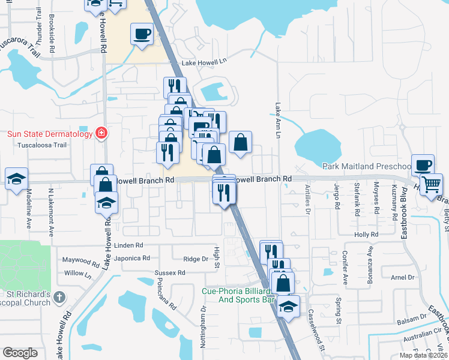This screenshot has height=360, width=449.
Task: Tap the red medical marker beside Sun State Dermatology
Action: [x=101, y=132]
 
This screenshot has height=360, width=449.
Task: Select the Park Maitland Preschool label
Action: [x=366, y=166]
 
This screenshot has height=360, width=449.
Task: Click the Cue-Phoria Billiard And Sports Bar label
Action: [x=234, y=295]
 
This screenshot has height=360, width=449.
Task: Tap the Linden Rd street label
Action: [x=128, y=245]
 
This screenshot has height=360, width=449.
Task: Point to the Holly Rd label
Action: [x=366, y=235]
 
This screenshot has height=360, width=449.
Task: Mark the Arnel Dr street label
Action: [x=403, y=277]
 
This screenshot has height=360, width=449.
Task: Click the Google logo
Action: [x=20, y=353]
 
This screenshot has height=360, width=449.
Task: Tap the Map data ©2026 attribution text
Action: [x=423, y=355]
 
